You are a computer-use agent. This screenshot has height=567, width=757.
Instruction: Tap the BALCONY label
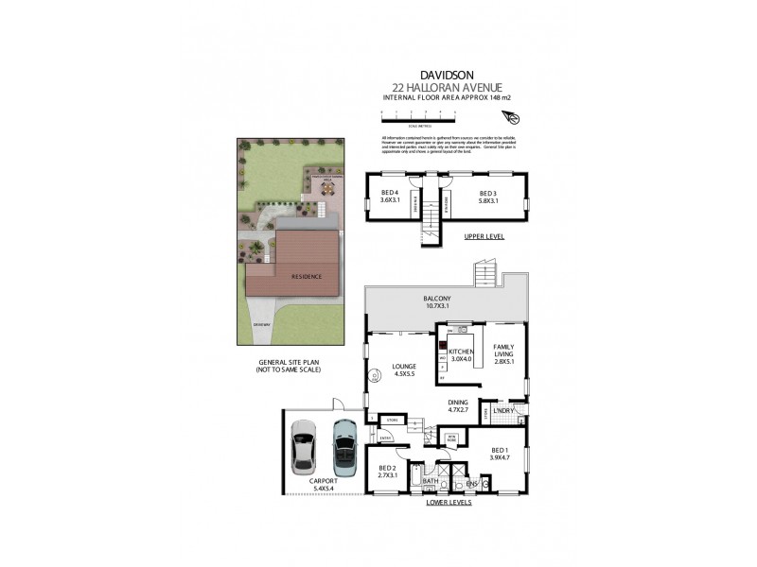(x=436, y=302)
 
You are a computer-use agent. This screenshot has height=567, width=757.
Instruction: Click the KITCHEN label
(x=461, y=354)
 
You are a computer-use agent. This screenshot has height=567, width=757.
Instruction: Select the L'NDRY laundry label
(x=503, y=410)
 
